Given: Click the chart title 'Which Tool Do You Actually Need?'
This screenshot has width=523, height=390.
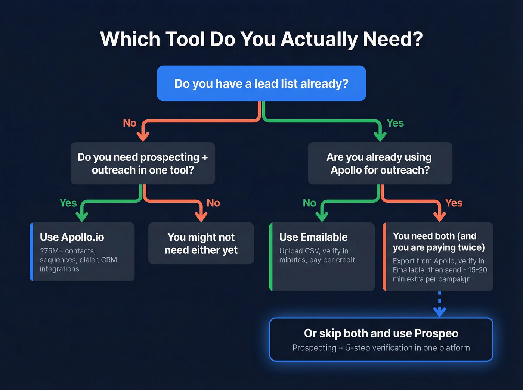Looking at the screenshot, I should click(x=261, y=39).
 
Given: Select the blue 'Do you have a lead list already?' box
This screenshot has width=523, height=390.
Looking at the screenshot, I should click(x=261, y=84).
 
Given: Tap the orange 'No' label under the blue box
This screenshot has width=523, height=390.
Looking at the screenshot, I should click(x=130, y=123).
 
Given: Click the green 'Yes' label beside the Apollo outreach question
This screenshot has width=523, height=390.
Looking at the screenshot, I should click(x=395, y=123).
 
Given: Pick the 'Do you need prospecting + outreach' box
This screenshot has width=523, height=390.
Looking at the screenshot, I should click(x=143, y=163).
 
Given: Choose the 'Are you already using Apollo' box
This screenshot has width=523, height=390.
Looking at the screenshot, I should click(x=380, y=163).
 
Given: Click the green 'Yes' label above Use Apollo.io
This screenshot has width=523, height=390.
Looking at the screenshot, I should click(x=68, y=203).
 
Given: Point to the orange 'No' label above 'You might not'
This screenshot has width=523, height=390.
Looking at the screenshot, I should click(x=213, y=203).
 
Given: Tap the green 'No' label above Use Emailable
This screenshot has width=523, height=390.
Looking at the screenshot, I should click(x=309, y=203).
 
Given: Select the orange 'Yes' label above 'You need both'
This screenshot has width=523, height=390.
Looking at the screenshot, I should click(x=454, y=203).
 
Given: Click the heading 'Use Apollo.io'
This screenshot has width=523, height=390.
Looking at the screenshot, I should click(x=72, y=237).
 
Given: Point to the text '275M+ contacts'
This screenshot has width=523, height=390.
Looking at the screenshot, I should click(x=68, y=251).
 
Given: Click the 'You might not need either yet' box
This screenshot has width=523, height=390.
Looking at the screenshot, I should click(x=201, y=243).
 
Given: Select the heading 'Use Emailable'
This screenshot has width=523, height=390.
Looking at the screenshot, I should click(x=313, y=237).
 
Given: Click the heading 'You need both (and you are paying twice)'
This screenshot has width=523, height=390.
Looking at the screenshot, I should click(x=438, y=242).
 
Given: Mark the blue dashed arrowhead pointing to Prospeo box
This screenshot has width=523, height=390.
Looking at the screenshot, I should click(x=439, y=312).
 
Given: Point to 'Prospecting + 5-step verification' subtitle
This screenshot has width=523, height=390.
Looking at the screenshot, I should click(x=381, y=348).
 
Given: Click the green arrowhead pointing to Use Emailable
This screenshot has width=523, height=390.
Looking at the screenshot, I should click(x=322, y=216).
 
